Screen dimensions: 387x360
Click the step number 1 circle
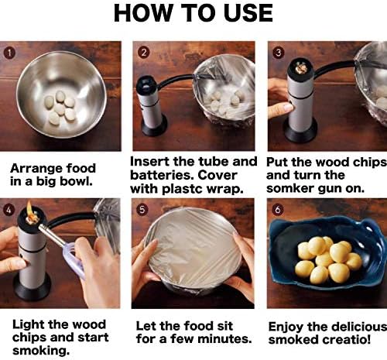tap(9, 53)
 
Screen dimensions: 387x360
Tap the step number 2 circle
tap(144, 53)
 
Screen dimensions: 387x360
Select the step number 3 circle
tap(279, 53)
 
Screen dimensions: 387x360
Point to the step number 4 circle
tap(9, 210)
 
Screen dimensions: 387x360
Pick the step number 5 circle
tap(142, 210)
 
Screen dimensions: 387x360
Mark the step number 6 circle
tap(278, 209)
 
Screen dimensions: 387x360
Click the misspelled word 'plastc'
tap(183, 189)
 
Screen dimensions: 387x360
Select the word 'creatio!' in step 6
tap(344, 339)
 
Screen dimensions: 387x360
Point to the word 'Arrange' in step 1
tap(37, 169)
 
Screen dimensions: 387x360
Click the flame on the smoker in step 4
tap(29, 209)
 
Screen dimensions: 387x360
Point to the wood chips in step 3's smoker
tap(300, 67)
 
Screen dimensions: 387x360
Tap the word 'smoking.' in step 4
tap(41, 351)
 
